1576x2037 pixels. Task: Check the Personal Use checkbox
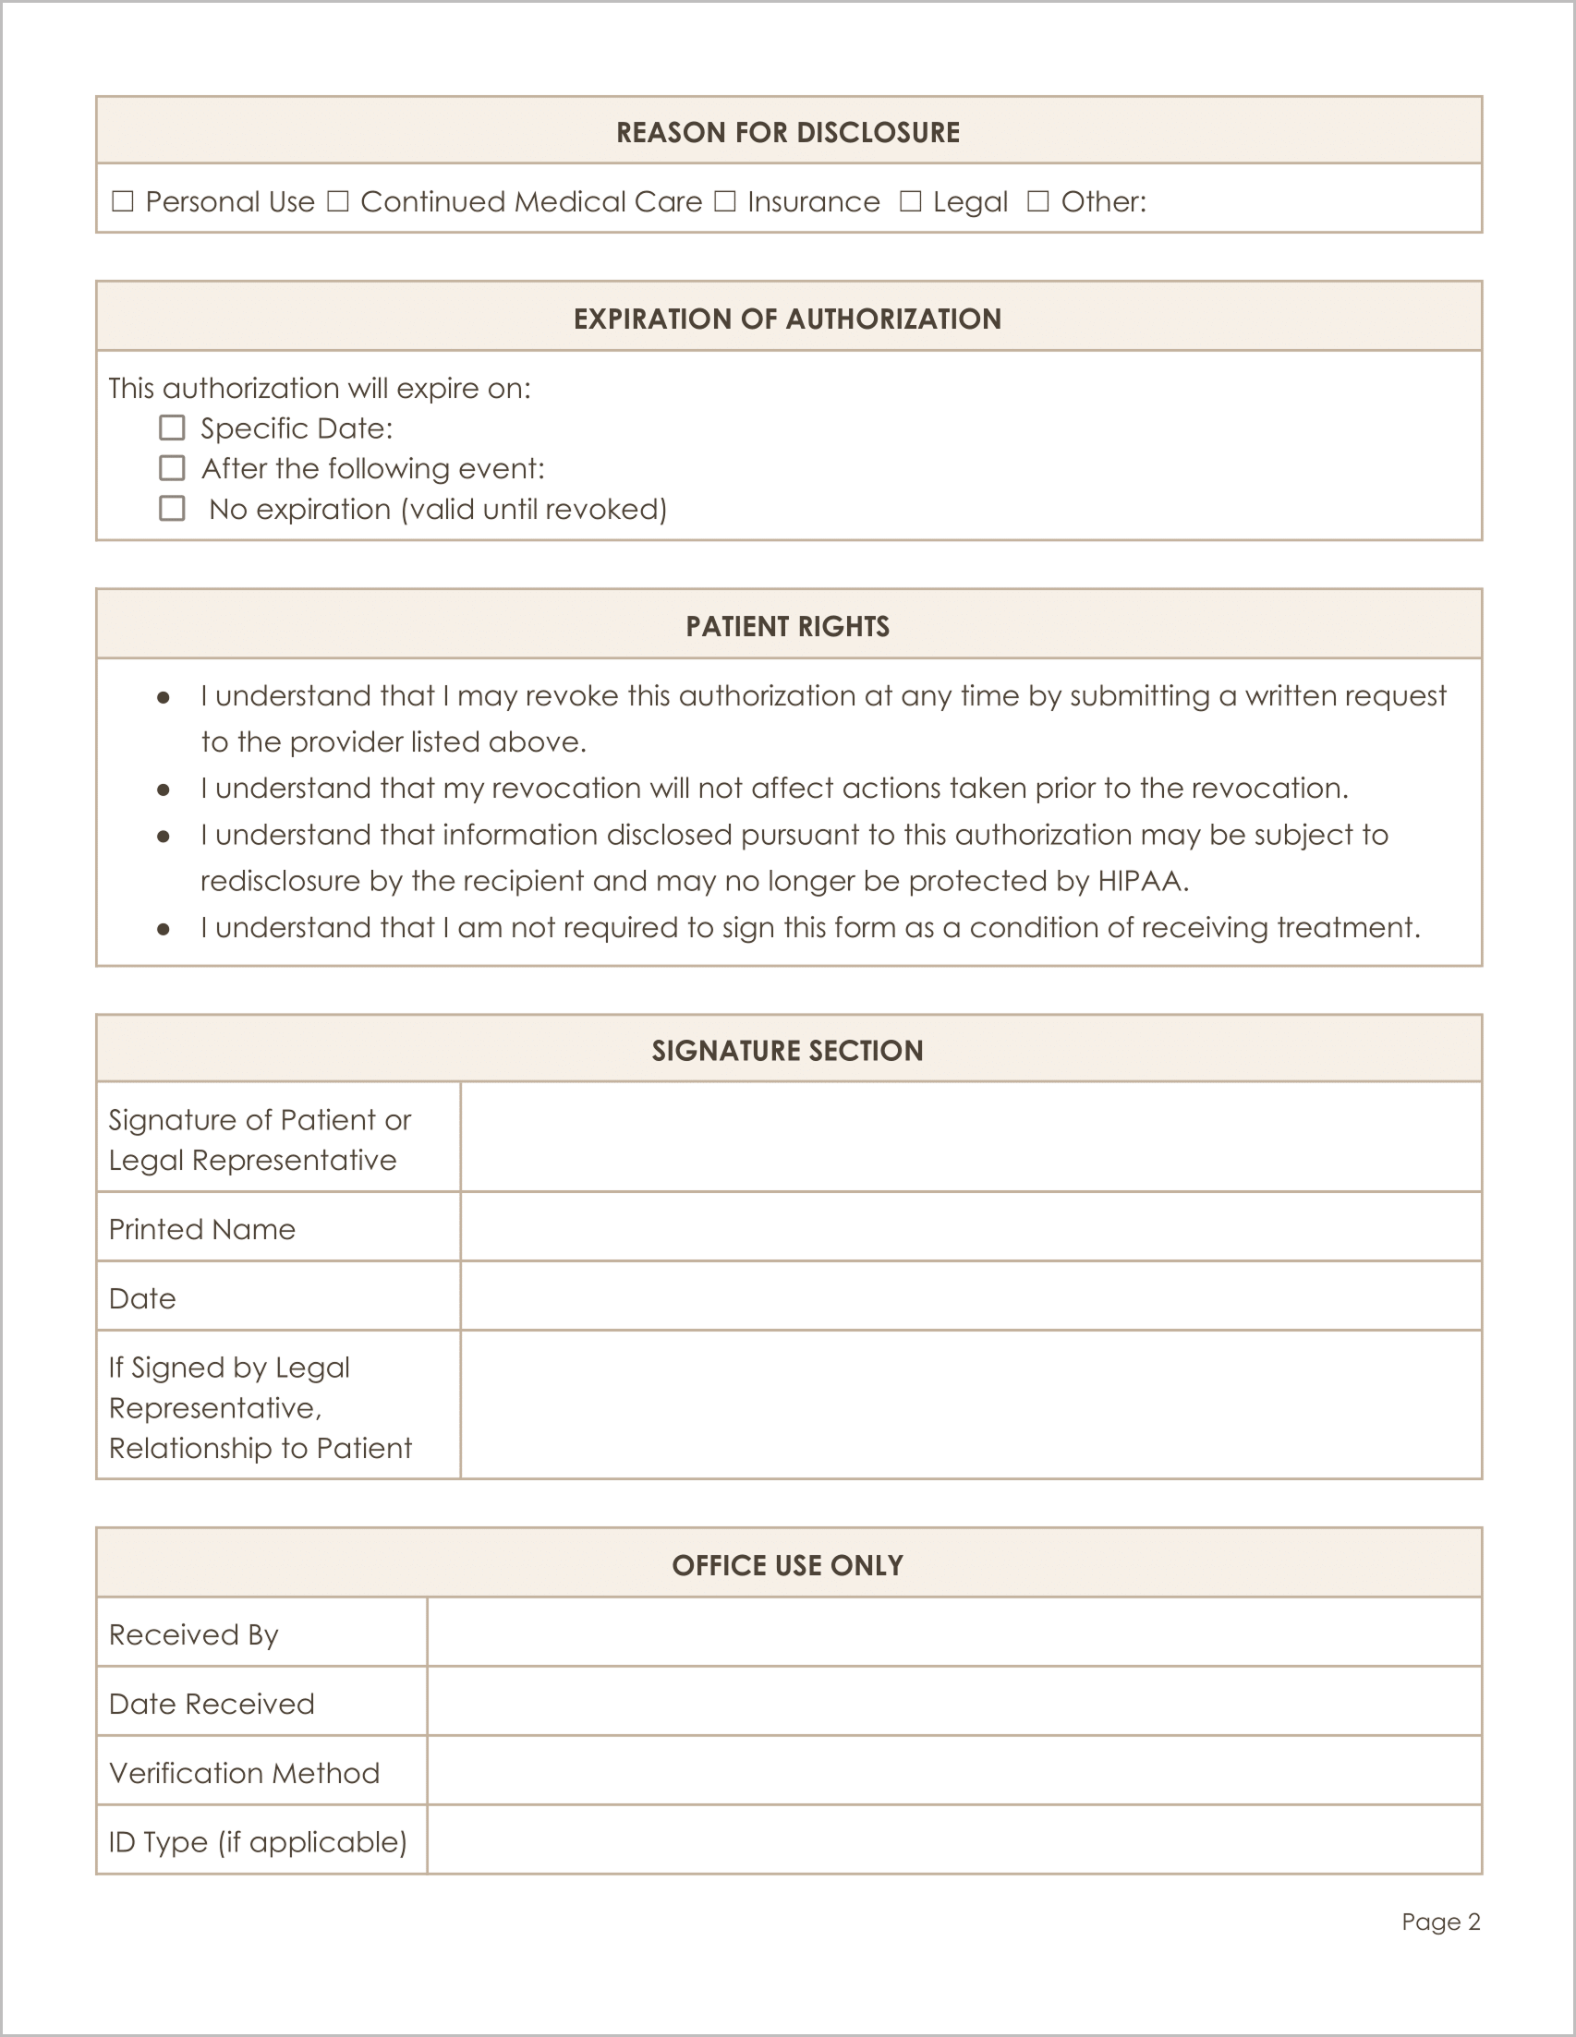click(122, 201)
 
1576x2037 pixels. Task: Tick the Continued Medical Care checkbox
click(338, 201)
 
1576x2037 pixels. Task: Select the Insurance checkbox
click(725, 201)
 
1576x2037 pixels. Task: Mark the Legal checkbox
click(911, 201)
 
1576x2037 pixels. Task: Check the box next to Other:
click(1038, 201)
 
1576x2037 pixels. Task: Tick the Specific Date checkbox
click(172, 428)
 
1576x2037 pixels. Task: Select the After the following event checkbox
click(172, 468)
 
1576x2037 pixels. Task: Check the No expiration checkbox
click(172, 508)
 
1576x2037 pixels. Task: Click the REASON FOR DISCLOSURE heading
click(787, 132)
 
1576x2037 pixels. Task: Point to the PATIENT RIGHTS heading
click(787, 627)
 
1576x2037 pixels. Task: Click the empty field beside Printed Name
click(970, 1227)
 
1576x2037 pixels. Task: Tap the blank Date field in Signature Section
click(970, 1296)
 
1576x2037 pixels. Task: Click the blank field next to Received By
click(953, 1633)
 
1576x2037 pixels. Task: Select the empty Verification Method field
click(953, 1771)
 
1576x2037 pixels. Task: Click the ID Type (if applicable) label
click(259, 1842)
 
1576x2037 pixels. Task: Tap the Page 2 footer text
click(1440, 1922)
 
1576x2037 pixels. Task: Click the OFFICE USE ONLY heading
click(787, 1565)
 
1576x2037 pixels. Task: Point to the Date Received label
click(212, 1704)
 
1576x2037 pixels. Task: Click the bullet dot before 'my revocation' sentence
click(164, 790)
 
